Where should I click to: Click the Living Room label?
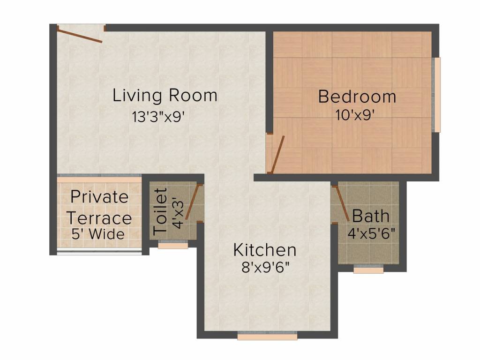[x=165, y=95]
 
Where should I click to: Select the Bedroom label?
[x=357, y=97]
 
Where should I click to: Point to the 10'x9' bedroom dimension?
[x=354, y=115]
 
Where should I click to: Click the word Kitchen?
[x=264, y=250]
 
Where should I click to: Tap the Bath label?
[x=370, y=216]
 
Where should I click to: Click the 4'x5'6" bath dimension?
[x=372, y=232]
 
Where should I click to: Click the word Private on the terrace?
[x=99, y=197]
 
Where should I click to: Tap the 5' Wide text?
[x=98, y=233]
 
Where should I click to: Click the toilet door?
[x=193, y=202]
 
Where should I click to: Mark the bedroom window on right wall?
[x=437, y=95]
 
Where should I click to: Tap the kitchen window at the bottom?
[x=267, y=336]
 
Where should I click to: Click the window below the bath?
[x=368, y=270]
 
